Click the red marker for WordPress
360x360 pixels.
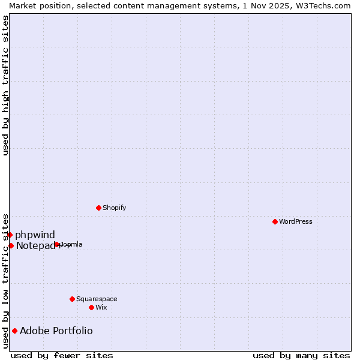tap(275, 221)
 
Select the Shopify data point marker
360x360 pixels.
tap(98, 208)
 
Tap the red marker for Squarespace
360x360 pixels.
tap(72, 299)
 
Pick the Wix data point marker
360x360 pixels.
tap(91, 307)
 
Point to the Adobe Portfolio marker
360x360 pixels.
tap(14, 331)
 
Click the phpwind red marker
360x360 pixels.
tap(10, 235)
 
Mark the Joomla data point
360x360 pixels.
tap(57, 244)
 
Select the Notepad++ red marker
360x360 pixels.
tap(11, 245)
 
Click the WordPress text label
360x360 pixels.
tap(296, 221)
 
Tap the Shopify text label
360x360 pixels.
tap(114, 208)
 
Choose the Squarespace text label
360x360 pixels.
tap(97, 299)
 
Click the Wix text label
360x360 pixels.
tap(101, 307)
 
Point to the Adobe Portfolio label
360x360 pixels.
tap(56, 331)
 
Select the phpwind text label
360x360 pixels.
tap(35, 235)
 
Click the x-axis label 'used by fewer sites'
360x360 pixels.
tap(62, 355)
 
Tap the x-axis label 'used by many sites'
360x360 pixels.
tap(301, 355)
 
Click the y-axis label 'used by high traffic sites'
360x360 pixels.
tap(5, 85)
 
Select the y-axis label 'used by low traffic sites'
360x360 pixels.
tap(5, 280)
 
